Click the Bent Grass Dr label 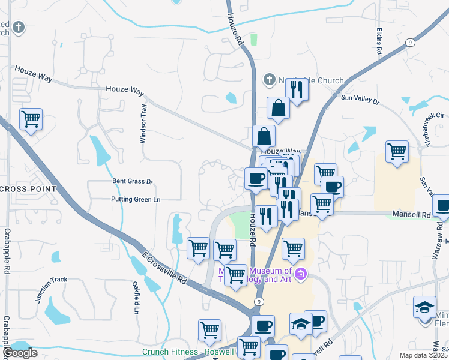coord(133,181)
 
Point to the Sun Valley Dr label coord(361,100)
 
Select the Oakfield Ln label coord(136,298)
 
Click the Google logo coord(20,353)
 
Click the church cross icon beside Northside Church coord(269,79)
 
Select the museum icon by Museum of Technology coord(301,275)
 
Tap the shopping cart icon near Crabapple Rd coord(31,119)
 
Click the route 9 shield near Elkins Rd coord(410,42)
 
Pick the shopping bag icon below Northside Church coord(279,108)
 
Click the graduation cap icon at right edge coord(424,307)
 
